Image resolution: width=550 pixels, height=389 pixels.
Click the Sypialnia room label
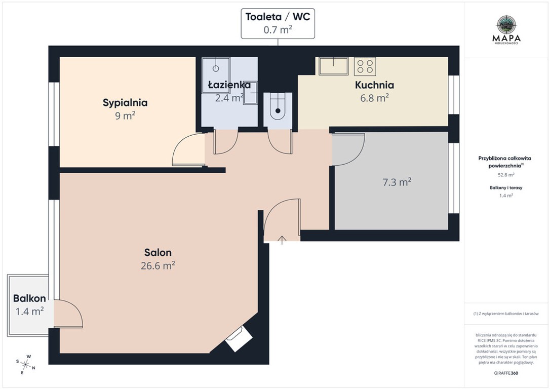tap(125, 103)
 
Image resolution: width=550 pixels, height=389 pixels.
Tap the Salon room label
tap(158, 253)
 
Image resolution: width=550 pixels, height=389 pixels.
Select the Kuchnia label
tap(374, 85)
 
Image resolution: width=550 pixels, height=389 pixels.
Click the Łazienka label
tap(229, 85)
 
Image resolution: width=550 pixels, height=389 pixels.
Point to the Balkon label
tap(29, 298)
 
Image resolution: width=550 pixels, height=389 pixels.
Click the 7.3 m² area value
tap(397, 182)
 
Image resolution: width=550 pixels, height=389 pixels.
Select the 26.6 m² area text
tap(158, 265)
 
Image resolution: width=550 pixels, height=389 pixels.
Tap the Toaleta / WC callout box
tap(278, 23)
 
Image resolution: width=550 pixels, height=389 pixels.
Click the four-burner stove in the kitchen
tap(365, 67)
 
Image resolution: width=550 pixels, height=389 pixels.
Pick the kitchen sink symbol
tap(334, 66)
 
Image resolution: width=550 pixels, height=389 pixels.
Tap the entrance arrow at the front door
tap(282, 240)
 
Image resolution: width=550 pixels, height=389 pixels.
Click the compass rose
tap(25, 365)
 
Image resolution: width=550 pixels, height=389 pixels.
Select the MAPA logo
tap(506, 29)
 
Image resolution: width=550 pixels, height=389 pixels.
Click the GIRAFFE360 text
tap(506, 373)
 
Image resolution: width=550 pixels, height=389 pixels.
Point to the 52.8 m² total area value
tap(506, 174)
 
